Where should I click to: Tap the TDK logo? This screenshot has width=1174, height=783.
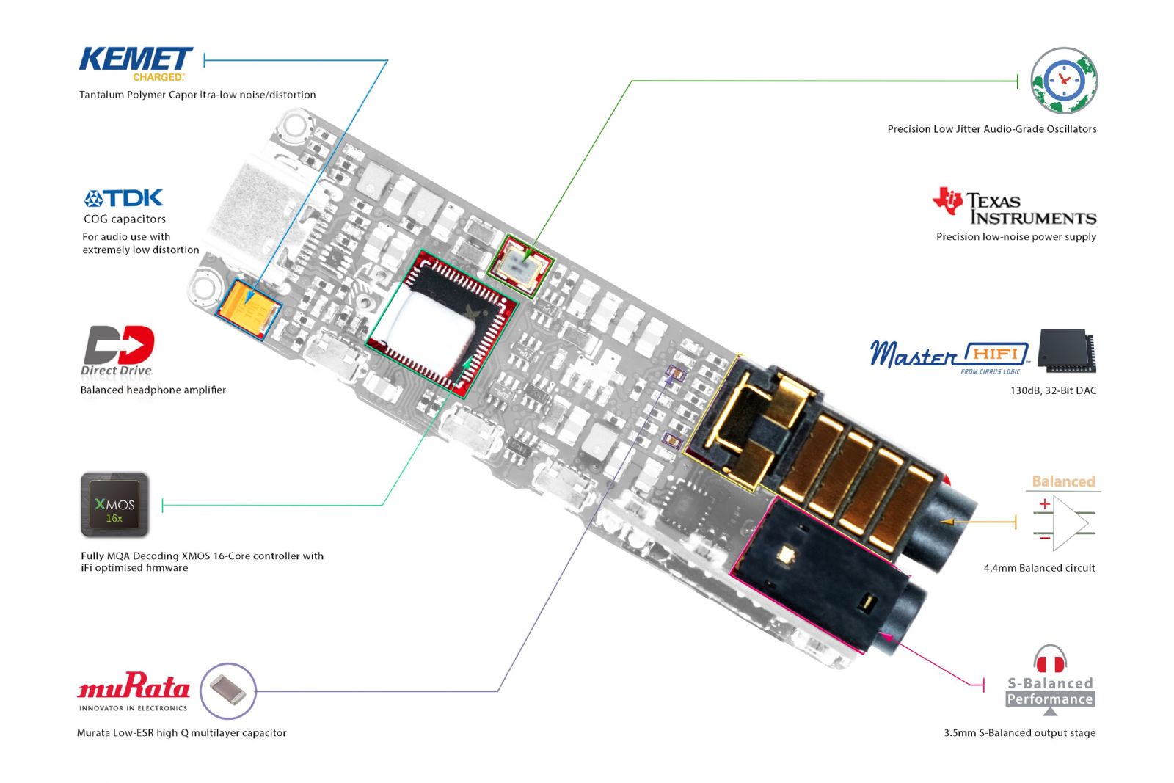124,198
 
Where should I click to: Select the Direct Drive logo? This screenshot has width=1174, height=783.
118,350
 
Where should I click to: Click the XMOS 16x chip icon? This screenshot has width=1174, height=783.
114,505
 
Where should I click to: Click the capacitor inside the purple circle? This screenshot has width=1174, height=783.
227,691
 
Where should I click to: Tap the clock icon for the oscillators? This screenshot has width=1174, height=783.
1064,80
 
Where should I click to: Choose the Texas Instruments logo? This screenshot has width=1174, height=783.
1015,206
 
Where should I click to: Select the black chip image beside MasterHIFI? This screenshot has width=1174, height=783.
1067,351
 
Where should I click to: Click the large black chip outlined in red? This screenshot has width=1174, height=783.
442,324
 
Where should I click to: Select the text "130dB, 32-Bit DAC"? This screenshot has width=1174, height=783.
1053,390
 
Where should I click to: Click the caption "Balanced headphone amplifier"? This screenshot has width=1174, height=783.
153,390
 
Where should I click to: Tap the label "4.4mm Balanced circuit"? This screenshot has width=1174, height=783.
1039,567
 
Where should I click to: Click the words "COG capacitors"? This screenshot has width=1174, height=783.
125,219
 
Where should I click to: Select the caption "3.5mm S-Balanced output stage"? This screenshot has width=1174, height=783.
1019,732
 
